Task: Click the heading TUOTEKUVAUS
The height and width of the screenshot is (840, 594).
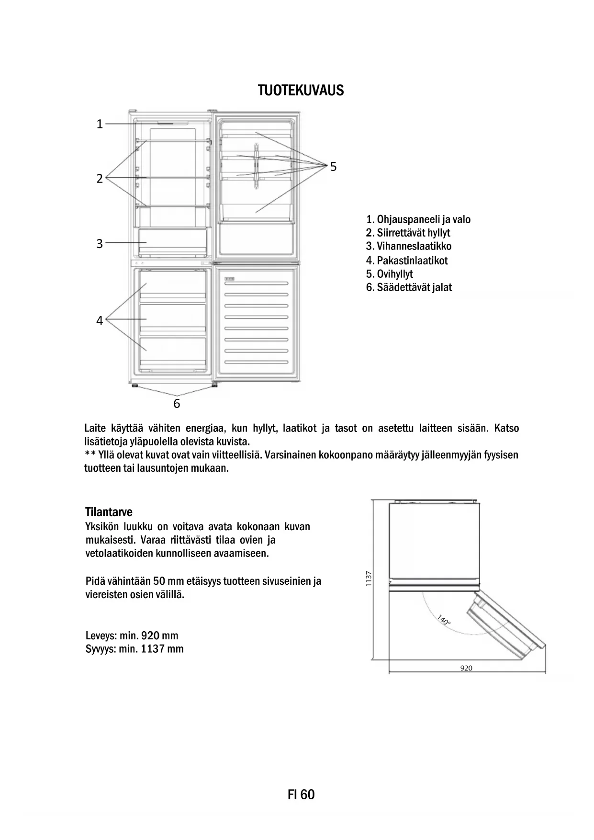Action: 301,91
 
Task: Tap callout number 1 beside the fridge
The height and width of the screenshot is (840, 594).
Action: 100,124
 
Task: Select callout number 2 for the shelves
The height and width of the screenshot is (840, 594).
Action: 100,179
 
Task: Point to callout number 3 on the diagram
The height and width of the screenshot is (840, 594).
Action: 100,244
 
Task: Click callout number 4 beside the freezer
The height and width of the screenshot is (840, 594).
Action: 100,320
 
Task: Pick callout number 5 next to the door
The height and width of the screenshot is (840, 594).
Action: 333,167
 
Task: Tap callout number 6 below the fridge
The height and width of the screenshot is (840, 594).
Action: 177,404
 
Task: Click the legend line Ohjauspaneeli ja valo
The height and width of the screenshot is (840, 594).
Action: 418,220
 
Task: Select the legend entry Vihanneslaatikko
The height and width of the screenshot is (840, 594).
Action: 409,246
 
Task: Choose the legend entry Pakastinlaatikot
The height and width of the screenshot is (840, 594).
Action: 407,261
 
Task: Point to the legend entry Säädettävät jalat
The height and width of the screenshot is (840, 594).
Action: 409,287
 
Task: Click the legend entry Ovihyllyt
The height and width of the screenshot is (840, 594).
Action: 389,274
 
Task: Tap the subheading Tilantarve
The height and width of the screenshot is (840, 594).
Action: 109,511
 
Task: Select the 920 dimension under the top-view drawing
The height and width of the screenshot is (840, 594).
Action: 466,668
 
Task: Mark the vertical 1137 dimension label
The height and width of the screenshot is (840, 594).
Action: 368,579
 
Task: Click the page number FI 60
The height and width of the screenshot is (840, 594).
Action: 301,795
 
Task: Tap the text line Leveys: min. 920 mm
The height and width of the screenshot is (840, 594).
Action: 132,636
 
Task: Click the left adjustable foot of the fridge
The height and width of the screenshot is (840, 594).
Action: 134,385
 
